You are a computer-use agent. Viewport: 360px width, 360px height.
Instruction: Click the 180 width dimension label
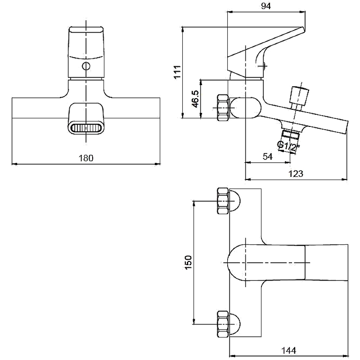pyautogui.click(x=86, y=158)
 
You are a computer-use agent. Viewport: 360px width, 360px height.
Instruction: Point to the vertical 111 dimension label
pyautogui.click(x=178, y=72)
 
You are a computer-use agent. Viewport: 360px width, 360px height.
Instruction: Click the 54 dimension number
pyautogui.click(x=267, y=156)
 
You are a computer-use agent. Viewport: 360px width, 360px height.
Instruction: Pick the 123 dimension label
pyautogui.click(x=296, y=173)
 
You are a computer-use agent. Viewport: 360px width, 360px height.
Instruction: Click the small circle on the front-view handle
pyautogui.click(x=85, y=67)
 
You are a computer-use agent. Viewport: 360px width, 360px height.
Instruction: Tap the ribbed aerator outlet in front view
pyautogui.click(x=85, y=128)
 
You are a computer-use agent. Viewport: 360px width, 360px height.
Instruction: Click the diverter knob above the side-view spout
pyautogui.click(x=299, y=95)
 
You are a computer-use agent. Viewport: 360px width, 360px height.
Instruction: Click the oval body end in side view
pyautogui.click(x=245, y=108)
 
